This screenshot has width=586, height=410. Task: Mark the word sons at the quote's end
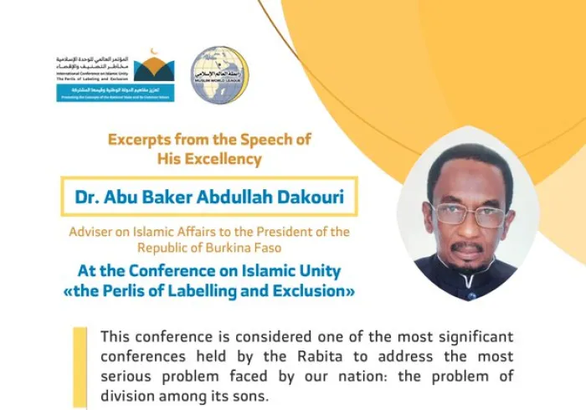pyautogui.click(x=253, y=395)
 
